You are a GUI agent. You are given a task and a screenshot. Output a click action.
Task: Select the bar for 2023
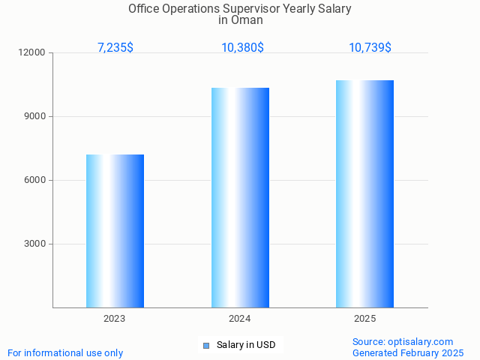[x=115, y=231]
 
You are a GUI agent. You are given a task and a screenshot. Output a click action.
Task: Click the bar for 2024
[x=240, y=197]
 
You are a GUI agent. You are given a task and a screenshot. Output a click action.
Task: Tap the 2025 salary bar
[x=364, y=193]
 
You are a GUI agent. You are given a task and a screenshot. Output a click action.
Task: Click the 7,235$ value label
[x=115, y=47]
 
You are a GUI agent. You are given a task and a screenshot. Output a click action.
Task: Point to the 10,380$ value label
[x=242, y=47]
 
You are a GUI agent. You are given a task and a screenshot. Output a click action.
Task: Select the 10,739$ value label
[x=370, y=47]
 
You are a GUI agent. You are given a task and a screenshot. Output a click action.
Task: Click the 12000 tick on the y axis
[x=33, y=53]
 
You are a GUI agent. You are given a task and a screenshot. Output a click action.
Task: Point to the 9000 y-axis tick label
[x=35, y=116]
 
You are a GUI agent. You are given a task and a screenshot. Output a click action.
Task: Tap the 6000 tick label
[x=35, y=180]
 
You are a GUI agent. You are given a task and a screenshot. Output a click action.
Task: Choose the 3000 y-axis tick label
[x=35, y=244]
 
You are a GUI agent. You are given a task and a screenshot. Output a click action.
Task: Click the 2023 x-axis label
[x=115, y=319]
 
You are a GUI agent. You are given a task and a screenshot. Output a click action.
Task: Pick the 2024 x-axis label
[x=240, y=319]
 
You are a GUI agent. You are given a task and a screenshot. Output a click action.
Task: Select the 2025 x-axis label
[x=365, y=319]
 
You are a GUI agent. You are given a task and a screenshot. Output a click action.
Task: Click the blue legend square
[x=206, y=346]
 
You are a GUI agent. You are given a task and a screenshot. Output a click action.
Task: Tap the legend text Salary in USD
[x=246, y=345]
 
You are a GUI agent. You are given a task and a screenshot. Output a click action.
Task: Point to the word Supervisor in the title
[x=253, y=9]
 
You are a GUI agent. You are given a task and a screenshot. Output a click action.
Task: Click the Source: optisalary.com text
[x=403, y=341]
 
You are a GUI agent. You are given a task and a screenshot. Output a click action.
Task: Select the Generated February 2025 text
[x=408, y=352]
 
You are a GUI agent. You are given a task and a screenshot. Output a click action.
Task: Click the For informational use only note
[x=65, y=352]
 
